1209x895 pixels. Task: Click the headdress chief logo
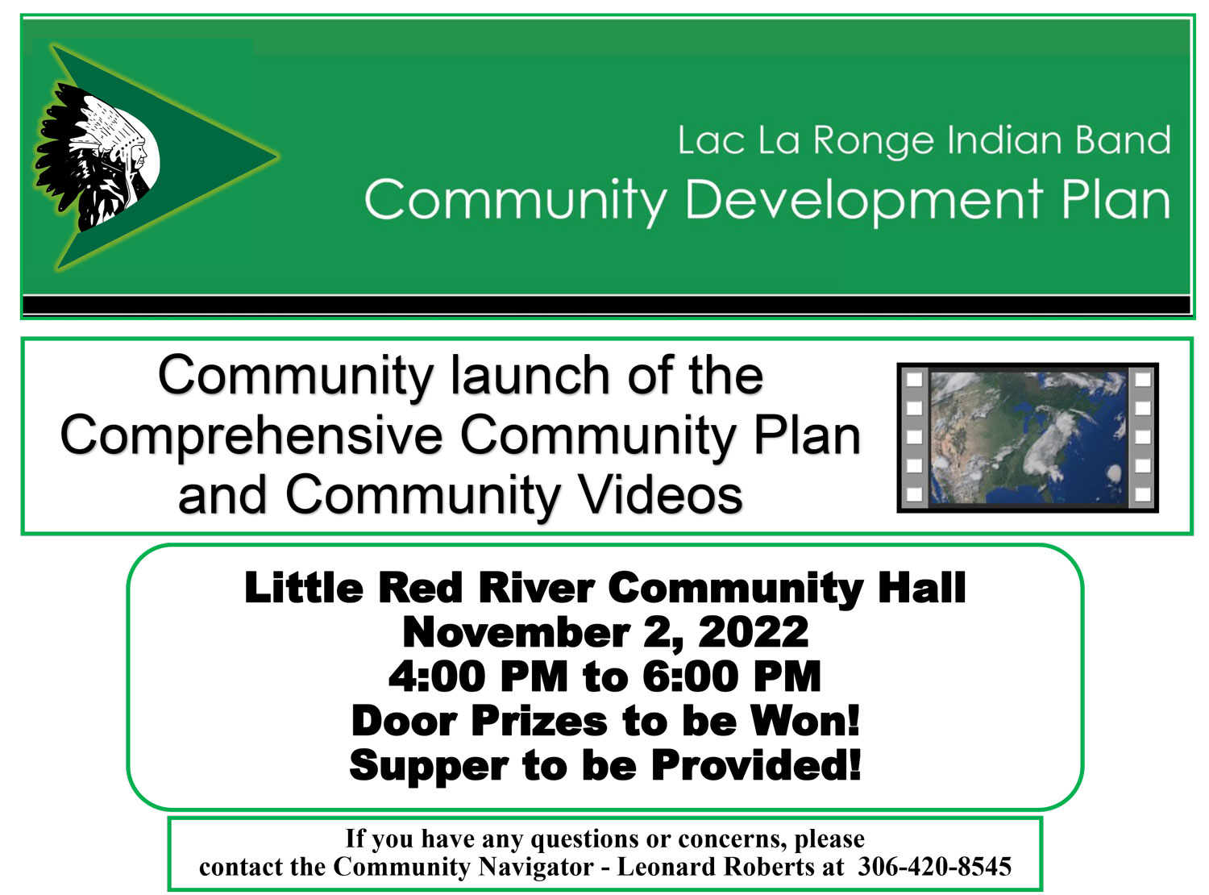[x=97, y=157]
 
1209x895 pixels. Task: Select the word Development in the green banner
[x=862, y=202]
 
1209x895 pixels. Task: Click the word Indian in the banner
[x=1004, y=139]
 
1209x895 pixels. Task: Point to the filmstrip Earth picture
[x=1027, y=437]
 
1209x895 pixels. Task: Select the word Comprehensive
[x=251, y=435]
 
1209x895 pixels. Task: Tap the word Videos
[x=659, y=494]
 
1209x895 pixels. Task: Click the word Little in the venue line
[x=303, y=589]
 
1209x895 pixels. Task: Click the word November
[x=516, y=633]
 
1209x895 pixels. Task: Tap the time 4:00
[x=437, y=676]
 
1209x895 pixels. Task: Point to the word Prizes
[x=539, y=721]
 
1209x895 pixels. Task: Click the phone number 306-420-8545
[x=933, y=866]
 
